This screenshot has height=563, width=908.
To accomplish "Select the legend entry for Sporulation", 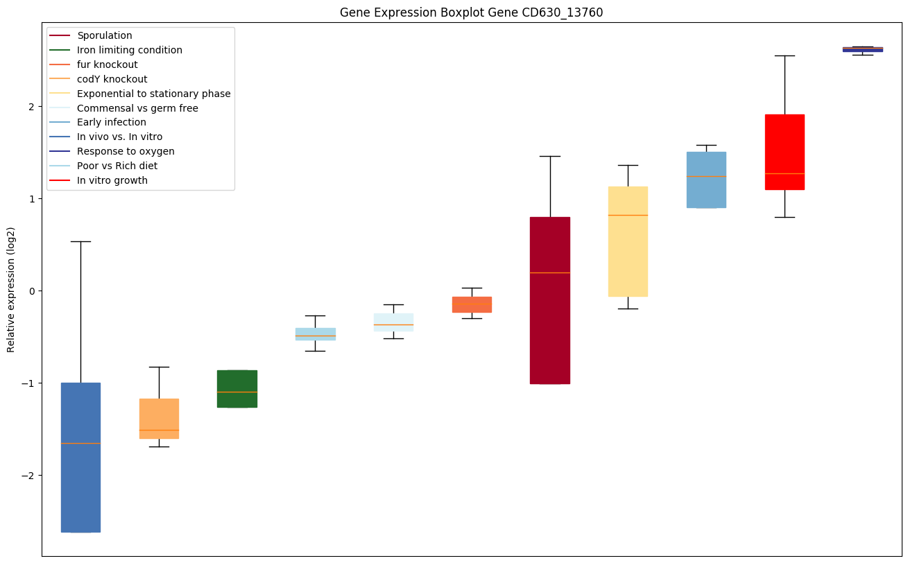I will coord(105,35).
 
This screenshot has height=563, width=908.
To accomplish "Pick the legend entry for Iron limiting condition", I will coord(130,50).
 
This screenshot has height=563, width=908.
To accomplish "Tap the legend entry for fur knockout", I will coord(108,64).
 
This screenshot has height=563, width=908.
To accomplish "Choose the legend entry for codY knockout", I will coord(112,79).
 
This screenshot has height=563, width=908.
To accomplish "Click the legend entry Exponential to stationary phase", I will coord(154,94).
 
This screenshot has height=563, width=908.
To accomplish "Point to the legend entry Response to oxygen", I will coord(126,151).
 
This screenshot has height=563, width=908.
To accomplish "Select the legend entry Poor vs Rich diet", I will coord(117,166).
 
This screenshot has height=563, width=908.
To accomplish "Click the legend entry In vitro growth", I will coord(112,180).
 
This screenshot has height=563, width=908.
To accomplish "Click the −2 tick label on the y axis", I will coord(28,475).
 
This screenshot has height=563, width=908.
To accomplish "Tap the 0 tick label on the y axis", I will coord(31,291).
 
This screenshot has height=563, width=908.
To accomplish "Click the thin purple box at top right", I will coord(862,49).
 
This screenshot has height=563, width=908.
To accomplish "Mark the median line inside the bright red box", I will coord(785,173).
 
